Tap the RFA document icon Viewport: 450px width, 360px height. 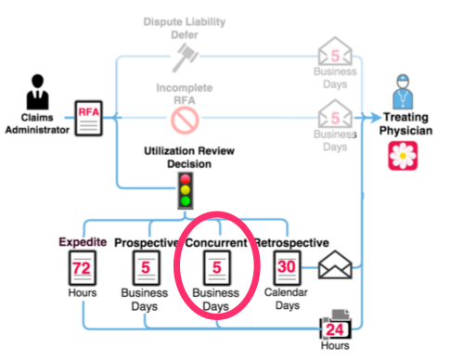[88, 118]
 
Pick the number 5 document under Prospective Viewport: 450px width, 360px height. [145, 271]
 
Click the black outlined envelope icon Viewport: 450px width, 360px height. [337, 267]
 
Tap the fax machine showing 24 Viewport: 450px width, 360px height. [337, 328]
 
